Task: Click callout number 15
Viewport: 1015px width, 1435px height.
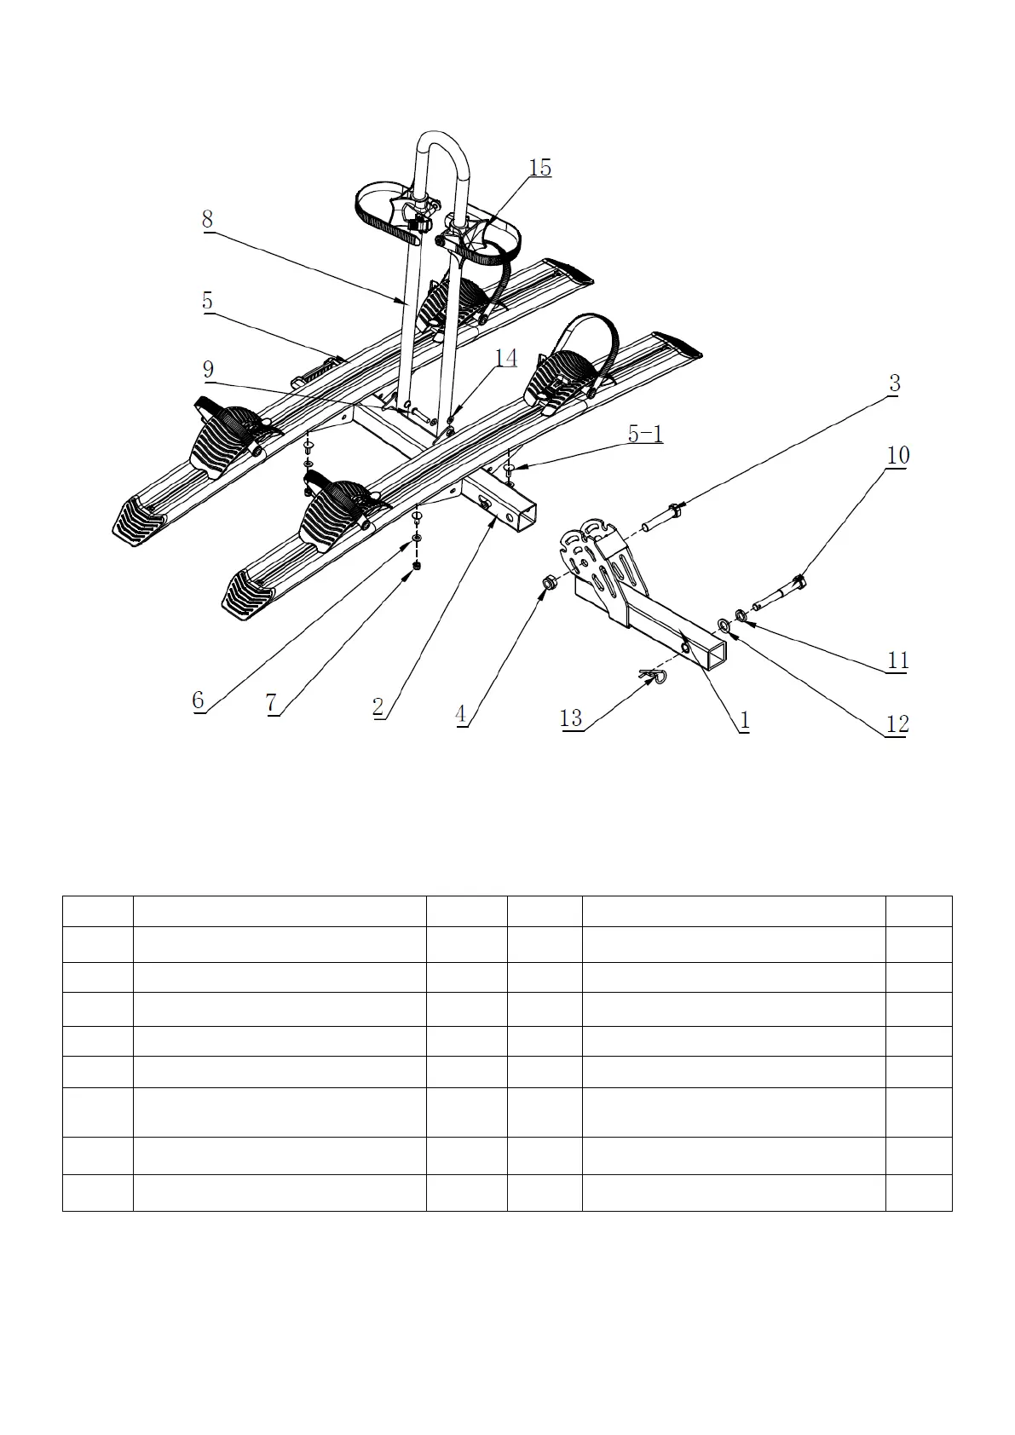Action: pyautogui.click(x=540, y=168)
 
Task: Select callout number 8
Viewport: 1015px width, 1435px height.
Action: pyautogui.click(x=207, y=219)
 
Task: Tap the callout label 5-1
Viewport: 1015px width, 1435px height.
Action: pyautogui.click(x=645, y=434)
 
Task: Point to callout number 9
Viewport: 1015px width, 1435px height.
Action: pyautogui.click(x=208, y=370)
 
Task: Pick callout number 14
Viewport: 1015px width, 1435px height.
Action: pyautogui.click(x=506, y=358)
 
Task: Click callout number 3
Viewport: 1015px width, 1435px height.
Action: pyautogui.click(x=894, y=383)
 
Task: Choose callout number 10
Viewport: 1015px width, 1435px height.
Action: pyautogui.click(x=898, y=455)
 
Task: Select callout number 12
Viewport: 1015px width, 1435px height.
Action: pyautogui.click(x=897, y=724)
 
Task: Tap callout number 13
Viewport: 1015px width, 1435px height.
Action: pyautogui.click(x=571, y=718)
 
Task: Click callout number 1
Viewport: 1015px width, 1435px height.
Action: pyautogui.click(x=744, y=720)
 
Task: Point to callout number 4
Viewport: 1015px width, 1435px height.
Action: pyautogui.click(x=461, y=714)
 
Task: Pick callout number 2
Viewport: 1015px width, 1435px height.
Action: pyautogui.click(x=378, y=706)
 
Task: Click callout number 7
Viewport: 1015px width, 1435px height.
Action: pyautogui.click(x=271, y=704)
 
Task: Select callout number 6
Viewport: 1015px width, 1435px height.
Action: pyautogui.click(x=198, y=700)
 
